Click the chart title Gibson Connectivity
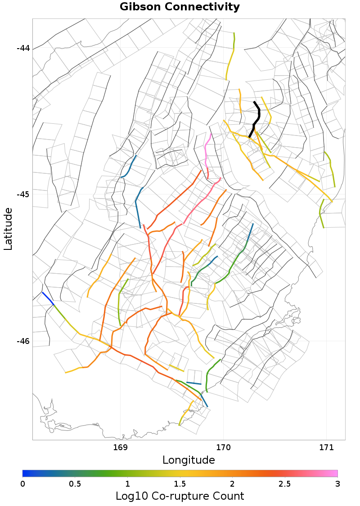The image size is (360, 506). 180,7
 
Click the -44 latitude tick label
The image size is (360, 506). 22,48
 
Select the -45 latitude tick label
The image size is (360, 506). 22,194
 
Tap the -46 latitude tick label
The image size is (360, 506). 22,341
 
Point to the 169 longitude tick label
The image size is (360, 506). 120,447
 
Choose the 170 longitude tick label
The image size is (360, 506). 223,447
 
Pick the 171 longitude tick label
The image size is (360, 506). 326,447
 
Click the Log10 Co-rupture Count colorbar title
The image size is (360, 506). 180,496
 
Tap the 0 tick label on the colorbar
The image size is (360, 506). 22,483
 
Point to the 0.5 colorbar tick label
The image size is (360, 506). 75,483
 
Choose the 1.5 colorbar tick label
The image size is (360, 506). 180,483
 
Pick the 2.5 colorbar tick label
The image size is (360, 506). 285,483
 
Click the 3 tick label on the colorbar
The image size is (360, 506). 337,483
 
